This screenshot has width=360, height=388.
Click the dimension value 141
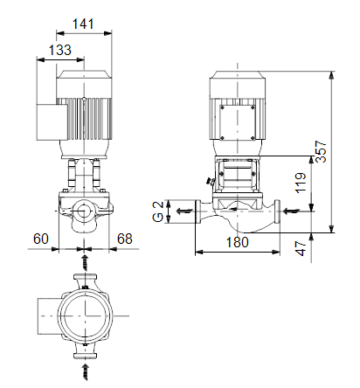point(83,24)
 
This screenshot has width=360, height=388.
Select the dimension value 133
point(60,50)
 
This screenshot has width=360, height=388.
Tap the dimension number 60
point(41,239)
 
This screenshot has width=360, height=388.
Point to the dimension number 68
point(125,239)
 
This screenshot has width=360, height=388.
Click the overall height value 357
point(322,151)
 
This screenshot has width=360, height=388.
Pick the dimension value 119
point(301,183)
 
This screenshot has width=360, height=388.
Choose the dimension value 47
point(301,248)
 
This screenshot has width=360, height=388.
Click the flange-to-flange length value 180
point(238,242)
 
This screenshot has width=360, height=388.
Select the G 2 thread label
point(158,211)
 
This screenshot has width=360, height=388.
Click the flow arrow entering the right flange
point(292,211)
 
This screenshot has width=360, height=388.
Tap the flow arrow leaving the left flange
point(184,211)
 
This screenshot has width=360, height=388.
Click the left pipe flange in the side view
point(197,211)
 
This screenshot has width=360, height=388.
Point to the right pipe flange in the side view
point(277,211)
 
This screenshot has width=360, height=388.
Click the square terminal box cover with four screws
point(238,122)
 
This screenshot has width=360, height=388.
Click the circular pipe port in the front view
point(84,211)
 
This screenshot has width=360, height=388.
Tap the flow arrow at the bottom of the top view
point(85,371)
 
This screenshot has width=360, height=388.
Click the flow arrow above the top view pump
point(85,263)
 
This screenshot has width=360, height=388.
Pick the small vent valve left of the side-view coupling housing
point(211,182)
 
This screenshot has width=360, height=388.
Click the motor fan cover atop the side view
point(238,85)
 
